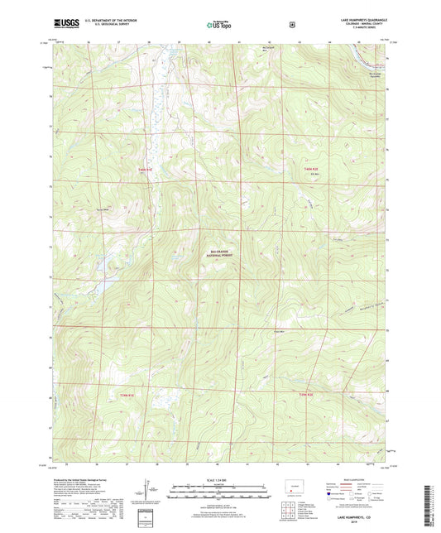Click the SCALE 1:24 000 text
point(219,480)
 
